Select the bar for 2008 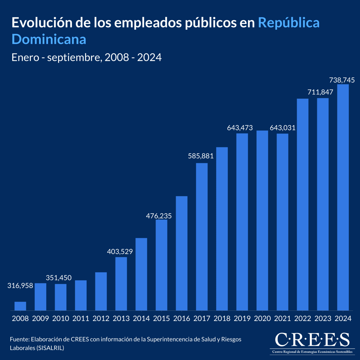click(20, 306)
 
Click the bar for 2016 click(181, 253)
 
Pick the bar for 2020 click(262, 220)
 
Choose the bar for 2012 click(101, 291)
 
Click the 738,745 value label click(342, 80)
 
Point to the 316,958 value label click(20, 286)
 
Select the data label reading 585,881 click(201, 156)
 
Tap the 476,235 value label click(159, 216)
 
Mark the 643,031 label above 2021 click(283, 128)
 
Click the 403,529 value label click(120, 251)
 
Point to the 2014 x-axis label click(141, 318)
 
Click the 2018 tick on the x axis click(222, 318)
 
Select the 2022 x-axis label click(303, 318)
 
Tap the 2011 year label click(81, 318)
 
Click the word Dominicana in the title click(49, 39)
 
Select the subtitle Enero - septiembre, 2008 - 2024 click(86, 57)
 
